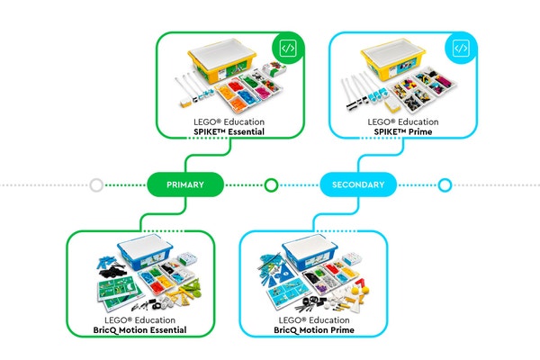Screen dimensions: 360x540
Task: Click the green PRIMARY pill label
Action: [184, 184]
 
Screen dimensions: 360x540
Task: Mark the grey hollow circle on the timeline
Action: [96, 185]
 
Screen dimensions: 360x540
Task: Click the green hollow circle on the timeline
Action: [270, 185]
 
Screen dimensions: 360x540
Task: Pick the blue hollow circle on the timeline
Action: [444, 185]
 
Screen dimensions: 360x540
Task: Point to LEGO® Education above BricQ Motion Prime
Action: [311, 319]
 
